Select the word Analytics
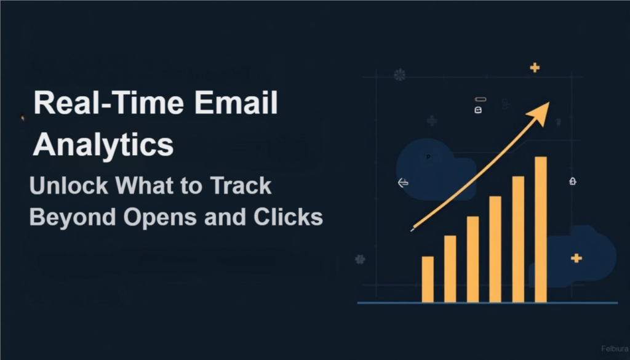coord(103,145)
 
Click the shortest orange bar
coord(428,279)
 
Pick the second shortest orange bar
coord(450,269)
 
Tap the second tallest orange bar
coord(518,239)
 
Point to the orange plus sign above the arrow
coord(535,68)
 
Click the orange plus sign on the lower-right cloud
coord(576,258)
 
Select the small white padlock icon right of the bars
coord(573,182)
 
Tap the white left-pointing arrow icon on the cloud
coord(404,183)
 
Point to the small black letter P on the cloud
coord(428,158)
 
